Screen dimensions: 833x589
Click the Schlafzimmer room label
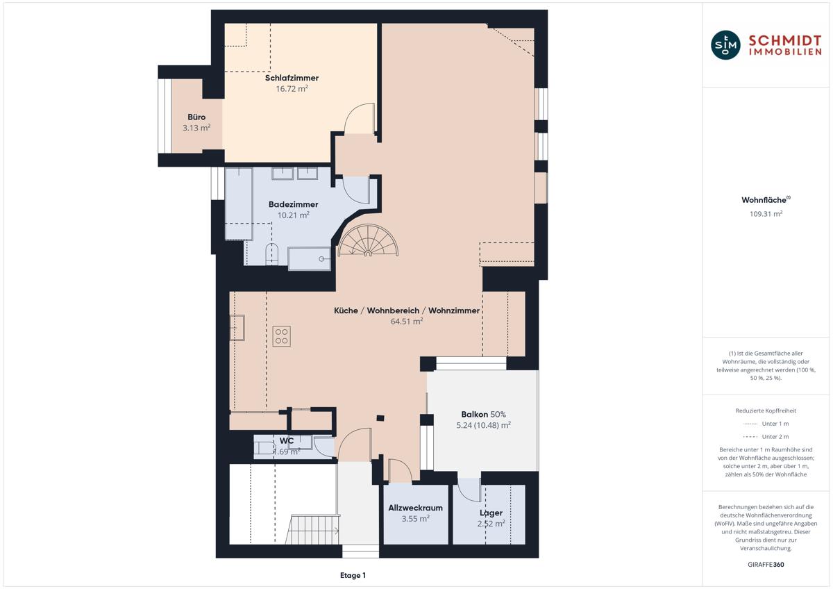(292, 78)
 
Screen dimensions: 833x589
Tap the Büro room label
(196, 117)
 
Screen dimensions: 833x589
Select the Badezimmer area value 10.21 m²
(294, 215)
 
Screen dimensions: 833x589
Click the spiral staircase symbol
(368, 240)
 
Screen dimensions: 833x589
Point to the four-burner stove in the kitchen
(282, 336)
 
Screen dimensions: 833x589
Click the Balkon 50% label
(483, 414)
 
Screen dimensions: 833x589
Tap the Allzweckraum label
(415, 508)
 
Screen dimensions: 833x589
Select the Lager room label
(491, 513)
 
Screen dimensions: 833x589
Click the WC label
(286, 441)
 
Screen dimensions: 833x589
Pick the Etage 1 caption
(353, 575)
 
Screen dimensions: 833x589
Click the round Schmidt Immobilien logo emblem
(725, 45)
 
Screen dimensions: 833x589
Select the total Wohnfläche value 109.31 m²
(766, 213)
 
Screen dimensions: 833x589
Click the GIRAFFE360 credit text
(766, 565)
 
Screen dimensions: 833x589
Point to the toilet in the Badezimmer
(272, 254)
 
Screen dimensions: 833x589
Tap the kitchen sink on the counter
(237, 327)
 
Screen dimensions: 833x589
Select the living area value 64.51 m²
(407, 321)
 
